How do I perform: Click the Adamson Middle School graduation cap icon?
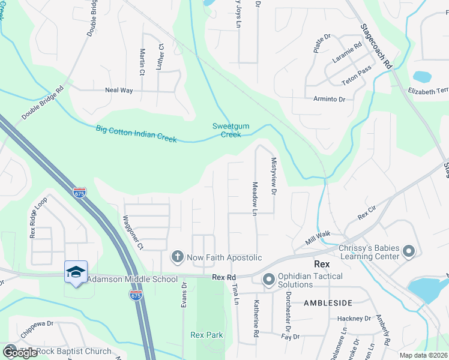[76, 272]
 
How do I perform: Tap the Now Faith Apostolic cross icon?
[177, 257]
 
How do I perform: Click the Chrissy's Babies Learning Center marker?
[408, 251]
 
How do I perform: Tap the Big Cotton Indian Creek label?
[136, 133]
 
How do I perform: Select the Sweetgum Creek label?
[226, 130]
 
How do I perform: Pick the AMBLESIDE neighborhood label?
[328, 303]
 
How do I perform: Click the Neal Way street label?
[118, 90]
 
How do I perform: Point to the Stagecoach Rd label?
[376, 46]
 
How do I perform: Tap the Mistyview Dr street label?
[273, 176]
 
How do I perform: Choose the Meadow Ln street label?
[255, 200]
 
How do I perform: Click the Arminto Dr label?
[329, 99]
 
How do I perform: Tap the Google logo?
[20, 353]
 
